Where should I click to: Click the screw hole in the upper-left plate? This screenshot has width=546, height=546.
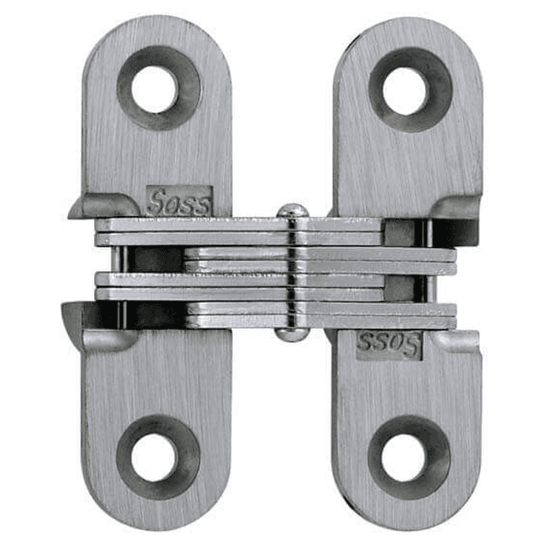(155, 88)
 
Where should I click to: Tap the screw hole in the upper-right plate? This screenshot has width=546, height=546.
(404, 90)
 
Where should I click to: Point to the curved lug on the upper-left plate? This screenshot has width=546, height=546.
(104, 205)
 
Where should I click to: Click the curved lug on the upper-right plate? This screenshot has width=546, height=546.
(456, 206)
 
